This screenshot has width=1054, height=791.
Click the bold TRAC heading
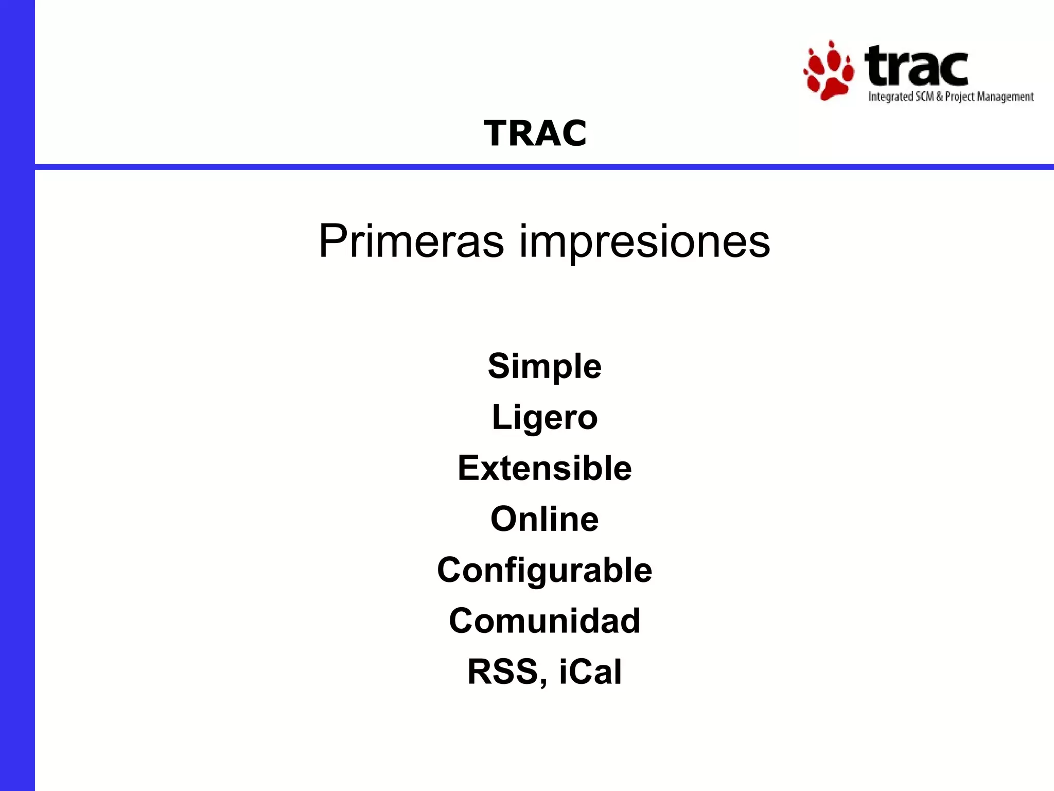(535, 133)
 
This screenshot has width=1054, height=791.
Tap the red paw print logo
(829, 72)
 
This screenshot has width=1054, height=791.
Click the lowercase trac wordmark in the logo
(916, 66)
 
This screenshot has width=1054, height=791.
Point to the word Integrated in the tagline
(890, 97)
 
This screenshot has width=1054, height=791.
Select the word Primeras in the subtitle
(411, 241)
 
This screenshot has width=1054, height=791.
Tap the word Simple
(544, 366)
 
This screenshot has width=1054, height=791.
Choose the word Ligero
(544, 418)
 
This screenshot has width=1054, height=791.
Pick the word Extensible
(544, 468)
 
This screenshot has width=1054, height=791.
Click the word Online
(544, 519)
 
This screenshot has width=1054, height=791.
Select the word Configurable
(544, 570)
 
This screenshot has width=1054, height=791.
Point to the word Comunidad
(544, 621)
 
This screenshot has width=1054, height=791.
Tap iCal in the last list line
(590, 672)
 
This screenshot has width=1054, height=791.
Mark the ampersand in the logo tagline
(939, 97)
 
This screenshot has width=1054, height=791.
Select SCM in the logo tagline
(924, 97)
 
